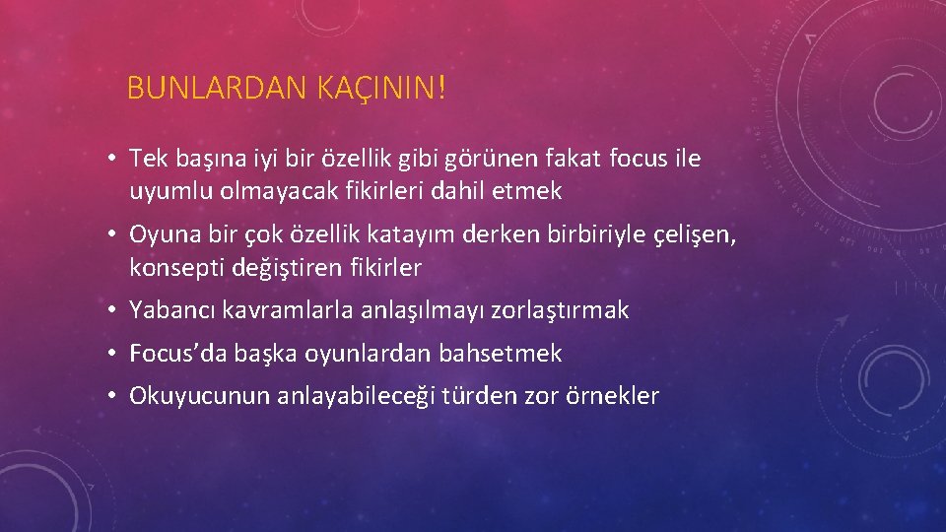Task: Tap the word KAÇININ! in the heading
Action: [x=381, y=91]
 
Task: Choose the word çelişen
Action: [x=695, y=234]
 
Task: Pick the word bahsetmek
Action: [x=501, y=353]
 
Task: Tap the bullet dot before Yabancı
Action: [x=114, y=310]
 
